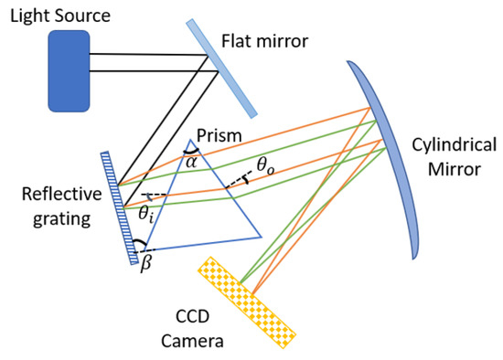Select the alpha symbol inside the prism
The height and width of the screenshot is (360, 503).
[191, 162]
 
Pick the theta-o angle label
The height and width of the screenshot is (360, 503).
[264, 165]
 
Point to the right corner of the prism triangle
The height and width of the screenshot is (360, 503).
[262, 237]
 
